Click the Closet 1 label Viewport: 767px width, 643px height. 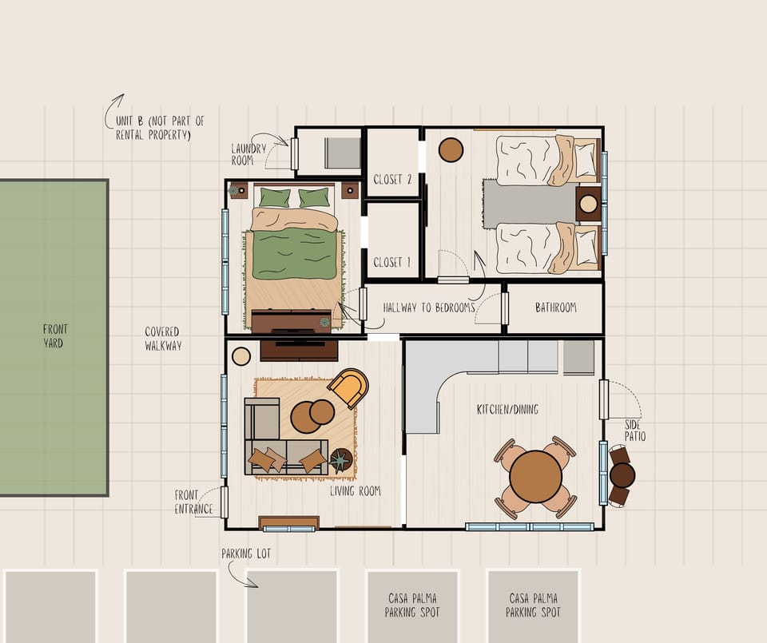point(392,262)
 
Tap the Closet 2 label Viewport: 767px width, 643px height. point(392,180)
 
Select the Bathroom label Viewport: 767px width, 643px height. point(555,308)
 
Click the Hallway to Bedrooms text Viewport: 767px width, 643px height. point(429,308)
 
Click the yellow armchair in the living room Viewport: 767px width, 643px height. point(348,388)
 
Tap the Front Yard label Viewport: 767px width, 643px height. point(55,336)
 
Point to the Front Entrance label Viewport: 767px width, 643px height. point(193,502)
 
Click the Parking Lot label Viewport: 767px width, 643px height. point(247,554)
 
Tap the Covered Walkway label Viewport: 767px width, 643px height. point(162,339)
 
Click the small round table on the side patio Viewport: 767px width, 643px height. point(622,475)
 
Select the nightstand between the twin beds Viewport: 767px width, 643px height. point(589,204)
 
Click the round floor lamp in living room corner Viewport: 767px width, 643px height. point(241,356)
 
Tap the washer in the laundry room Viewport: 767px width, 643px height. point(343,153)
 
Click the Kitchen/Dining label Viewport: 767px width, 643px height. point(507,410)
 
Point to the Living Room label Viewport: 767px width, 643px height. point(355,491)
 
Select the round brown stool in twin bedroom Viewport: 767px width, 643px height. point(451,149)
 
